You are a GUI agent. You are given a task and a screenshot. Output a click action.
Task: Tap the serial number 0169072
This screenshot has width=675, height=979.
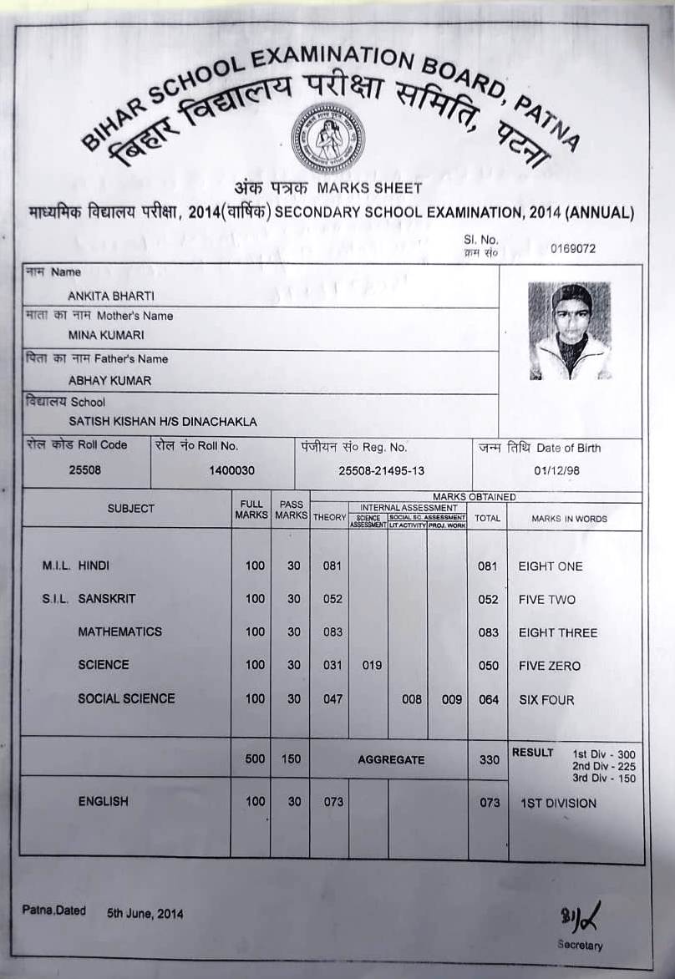pos(573,248)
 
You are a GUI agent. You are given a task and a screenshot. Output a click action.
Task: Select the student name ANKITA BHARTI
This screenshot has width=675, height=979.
pos(111,295)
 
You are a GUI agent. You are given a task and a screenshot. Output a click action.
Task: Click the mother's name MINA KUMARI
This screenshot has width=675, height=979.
pos(106,335)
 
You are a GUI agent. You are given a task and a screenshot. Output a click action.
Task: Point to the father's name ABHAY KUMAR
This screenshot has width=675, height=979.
pos(109,380)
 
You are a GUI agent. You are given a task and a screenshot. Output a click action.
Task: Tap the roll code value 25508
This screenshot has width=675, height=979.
pos(84,470)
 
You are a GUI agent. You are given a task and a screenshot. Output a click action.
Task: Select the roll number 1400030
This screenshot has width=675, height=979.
pos(231,471)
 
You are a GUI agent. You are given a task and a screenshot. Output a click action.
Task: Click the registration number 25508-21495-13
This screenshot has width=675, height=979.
pos(381,471)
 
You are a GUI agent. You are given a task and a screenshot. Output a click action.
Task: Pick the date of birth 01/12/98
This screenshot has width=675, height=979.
pos(556,471)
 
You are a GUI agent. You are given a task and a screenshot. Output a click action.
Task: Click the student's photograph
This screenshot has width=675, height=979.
pos(570,331)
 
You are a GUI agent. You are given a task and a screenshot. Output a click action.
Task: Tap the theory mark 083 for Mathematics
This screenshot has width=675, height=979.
pos(332,632)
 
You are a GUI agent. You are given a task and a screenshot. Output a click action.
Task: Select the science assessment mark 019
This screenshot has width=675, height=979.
pos(372,666)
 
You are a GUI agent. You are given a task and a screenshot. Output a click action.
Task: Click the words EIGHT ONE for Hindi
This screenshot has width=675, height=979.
pos(551,566)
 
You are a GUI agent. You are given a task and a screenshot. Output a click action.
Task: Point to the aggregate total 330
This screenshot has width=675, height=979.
pos(490,760)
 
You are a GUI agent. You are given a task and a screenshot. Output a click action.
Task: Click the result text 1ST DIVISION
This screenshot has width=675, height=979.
pos(558,804)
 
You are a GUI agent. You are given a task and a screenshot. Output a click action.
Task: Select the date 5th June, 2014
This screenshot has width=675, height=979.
pos(145,913)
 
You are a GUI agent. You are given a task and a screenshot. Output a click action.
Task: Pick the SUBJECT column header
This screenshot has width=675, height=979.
pos(131,509)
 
